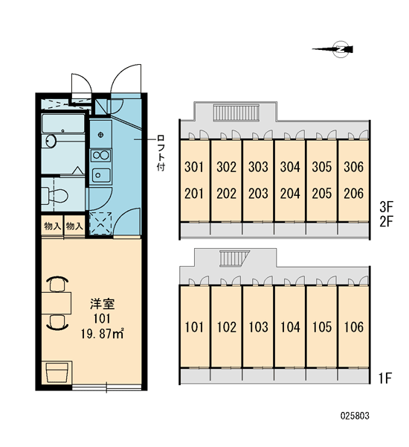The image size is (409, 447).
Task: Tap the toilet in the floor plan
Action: pyautogui.click(x=54, y=195)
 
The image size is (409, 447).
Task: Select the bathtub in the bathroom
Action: pyautogui.click(x=63, y=124)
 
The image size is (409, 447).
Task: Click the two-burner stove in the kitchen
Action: pyautogui.click(x=100, y=156)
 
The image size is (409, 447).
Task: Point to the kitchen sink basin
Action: pyautogui.click(x=100, y=174)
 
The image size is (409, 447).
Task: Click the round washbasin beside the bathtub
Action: pyautogui.click(x=51, y=141)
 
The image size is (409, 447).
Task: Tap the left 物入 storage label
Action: pyautogui.click(x=52, y=226)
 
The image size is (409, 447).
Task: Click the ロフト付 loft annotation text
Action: pyautogui.click(x=161, y=153)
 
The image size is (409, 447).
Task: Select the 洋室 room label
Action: pyautogui.click(x=103, y=304)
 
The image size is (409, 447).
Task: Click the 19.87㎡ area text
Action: pyautogui.click(x=102, y=333)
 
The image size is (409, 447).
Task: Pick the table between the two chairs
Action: pyautogui.click(x=56, y=302)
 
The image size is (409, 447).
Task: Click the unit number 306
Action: pyautogui.click(x=353, y=167)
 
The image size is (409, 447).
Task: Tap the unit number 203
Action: pyautogui.click(x=258, y=194)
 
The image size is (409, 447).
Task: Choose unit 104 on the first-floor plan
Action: pyautogui.click(x=290, y=327)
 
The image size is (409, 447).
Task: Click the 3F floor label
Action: pyautogui.click(x=386, y=206)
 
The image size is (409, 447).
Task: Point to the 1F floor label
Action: pyautogui.click(x=386, y=378)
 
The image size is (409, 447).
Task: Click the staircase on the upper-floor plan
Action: pyautogui.click(x=236, y=112)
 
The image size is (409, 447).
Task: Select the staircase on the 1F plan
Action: pyautogui.click(x=234, y=258)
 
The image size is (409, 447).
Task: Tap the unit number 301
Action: pyautogui.click(x=194, y=167)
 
